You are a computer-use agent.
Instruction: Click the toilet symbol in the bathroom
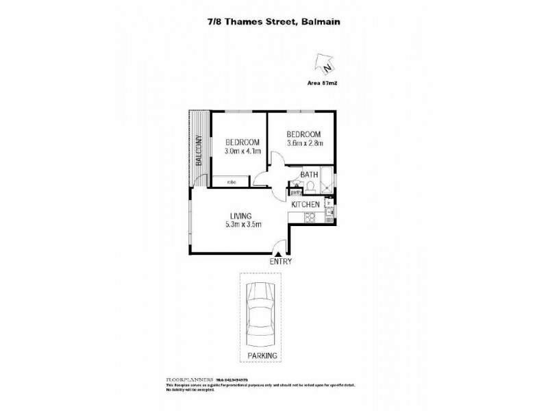[311, 186]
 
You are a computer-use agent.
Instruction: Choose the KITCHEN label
[306, 205]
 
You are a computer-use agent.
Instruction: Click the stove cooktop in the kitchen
[309, 219]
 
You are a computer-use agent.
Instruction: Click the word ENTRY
[281, 262]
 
